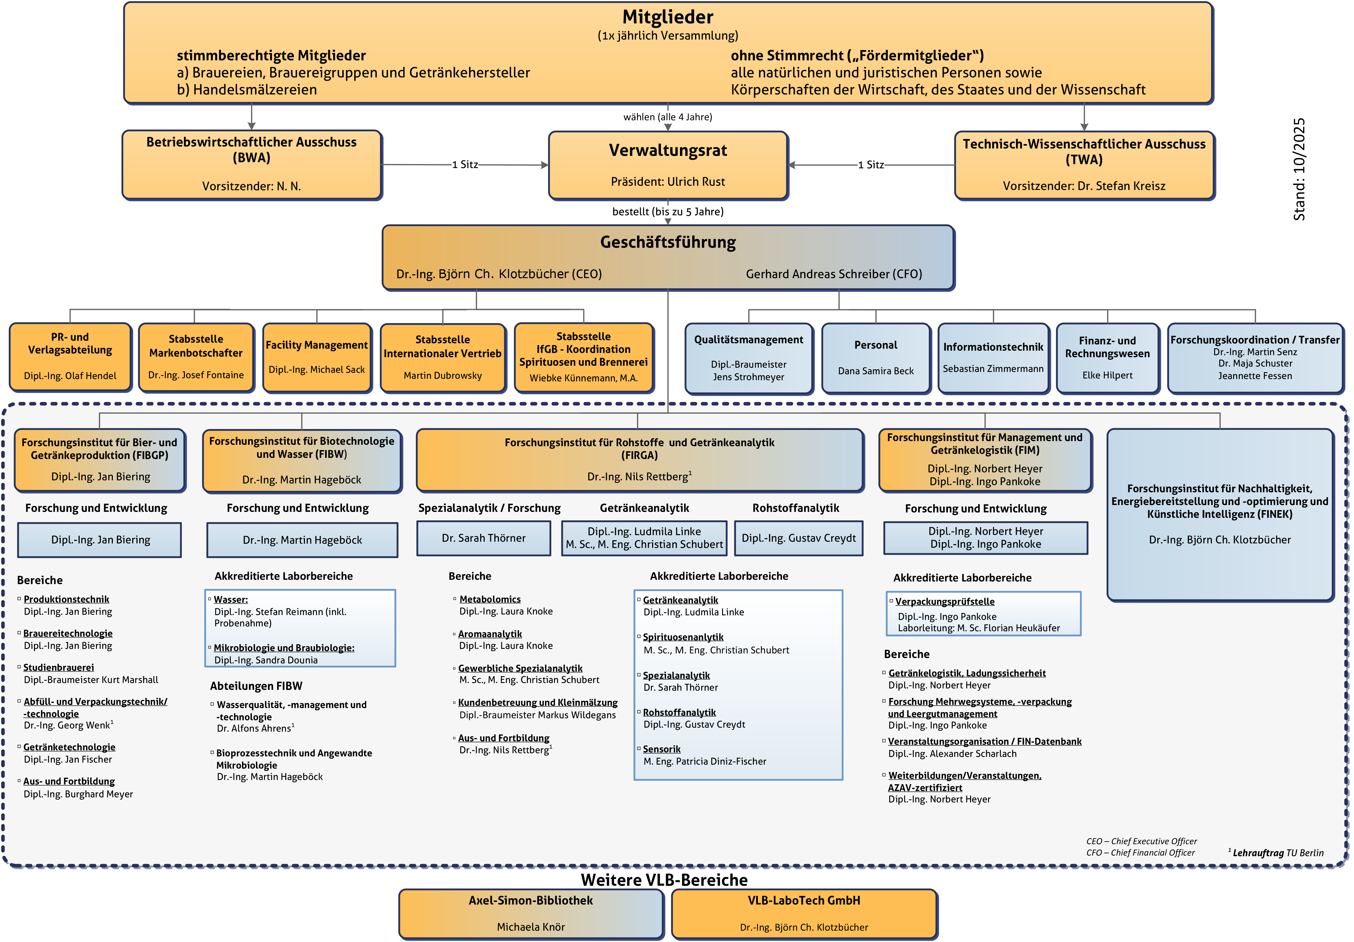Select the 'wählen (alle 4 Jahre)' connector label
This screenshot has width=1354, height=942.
pyautogui.click(x=667, y=117)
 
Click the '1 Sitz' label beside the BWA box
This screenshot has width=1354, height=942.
pyautogui.click(x=465, y=165)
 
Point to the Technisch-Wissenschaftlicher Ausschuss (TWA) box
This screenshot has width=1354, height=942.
pyautogui.click(x=1084, y=165)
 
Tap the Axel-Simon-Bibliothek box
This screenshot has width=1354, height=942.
pyautogui.click(x=531, y=913)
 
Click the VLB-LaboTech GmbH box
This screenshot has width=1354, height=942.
pyautogui.click(x=804, y=913)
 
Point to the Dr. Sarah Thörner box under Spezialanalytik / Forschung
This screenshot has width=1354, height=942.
pyautogui.click(x=484, y=538)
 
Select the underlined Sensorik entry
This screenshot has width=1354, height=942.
pyautogui.click(x=662, y=749)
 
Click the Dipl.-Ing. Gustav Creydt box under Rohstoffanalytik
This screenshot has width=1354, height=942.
pyautogui.click(x=799, y=538)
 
